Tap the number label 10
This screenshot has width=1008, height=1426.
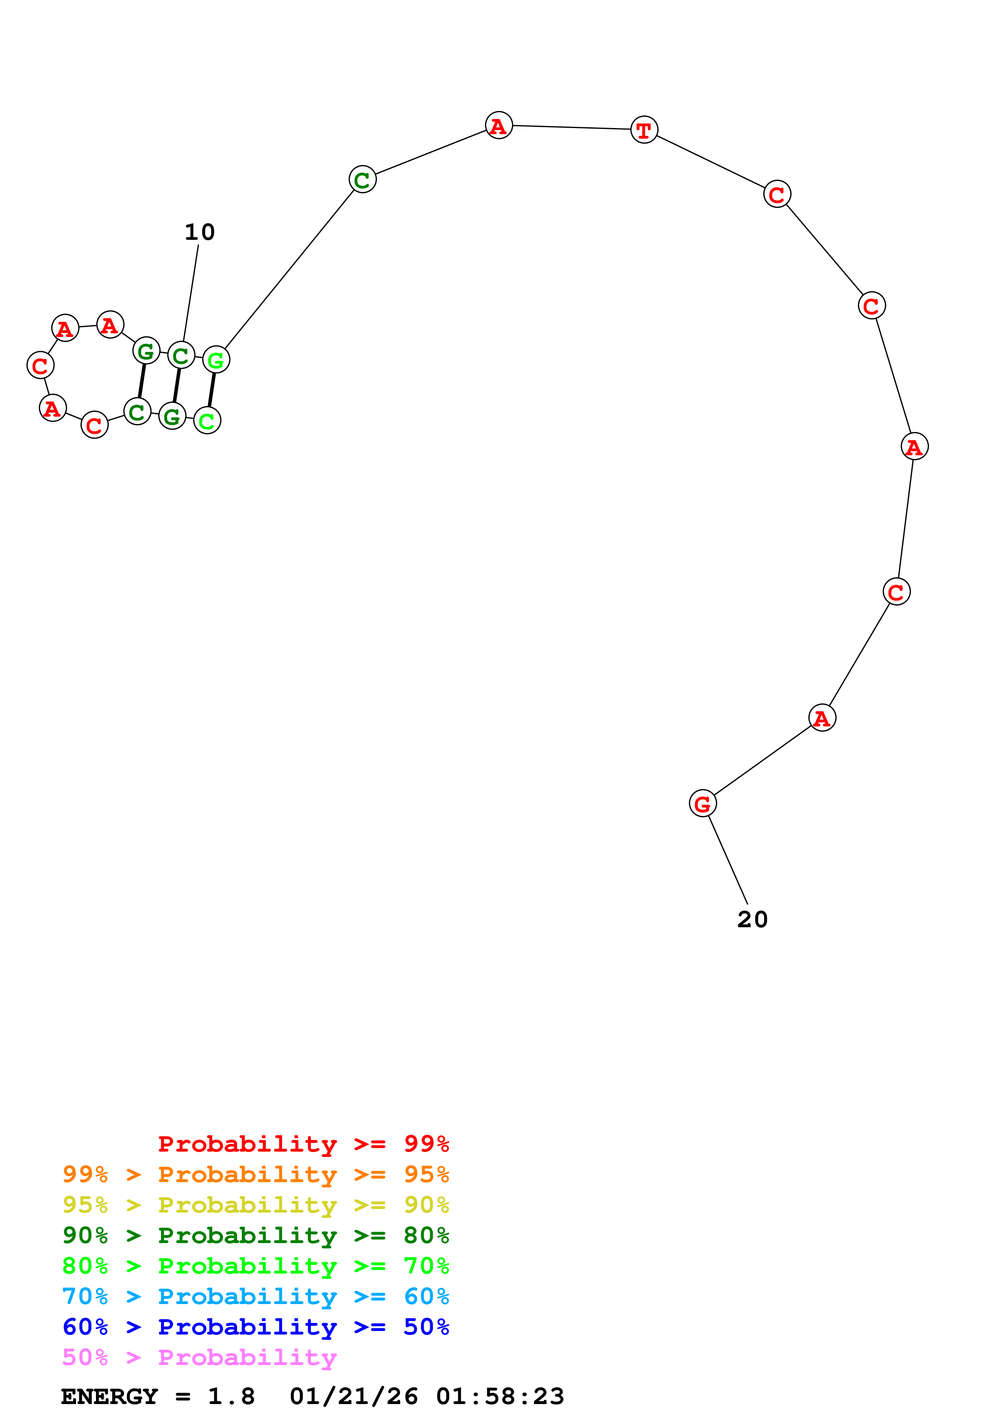(199, 232)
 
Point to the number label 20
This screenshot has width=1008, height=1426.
(752, 920)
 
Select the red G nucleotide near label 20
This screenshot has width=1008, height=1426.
(703, 804)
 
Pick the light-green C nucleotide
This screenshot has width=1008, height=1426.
(207, 420)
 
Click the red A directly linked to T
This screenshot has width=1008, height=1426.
(499, 126)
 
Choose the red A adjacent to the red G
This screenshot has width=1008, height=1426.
(822, 718)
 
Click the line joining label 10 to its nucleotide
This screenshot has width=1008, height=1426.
(191, 292)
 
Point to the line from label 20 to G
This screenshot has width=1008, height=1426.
(728, 860)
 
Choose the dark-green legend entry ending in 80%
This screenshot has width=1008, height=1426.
(255, 1235)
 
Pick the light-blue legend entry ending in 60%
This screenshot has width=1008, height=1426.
(255, 1296)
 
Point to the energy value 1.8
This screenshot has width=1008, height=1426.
(231, 1396)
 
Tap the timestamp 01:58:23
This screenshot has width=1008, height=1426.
(500, 1396)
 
